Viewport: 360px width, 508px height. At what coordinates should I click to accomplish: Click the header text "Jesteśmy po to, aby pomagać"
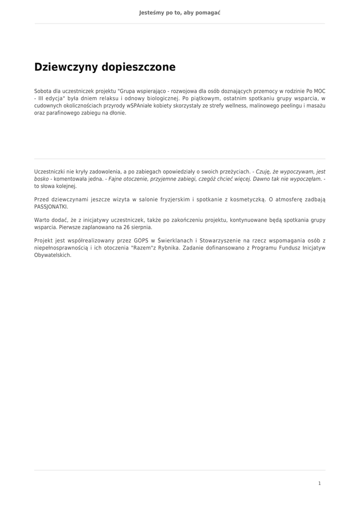pos(180,12)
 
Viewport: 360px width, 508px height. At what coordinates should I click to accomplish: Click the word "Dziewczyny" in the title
pos(66,67)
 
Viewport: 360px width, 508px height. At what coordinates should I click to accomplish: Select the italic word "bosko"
pos(42,179)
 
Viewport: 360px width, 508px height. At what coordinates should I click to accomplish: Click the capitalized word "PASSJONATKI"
pos(51,206)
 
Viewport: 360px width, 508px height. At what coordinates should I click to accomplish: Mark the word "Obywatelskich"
pos(53,255)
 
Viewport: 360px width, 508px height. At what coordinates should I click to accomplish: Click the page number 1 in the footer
pos(319,483)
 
